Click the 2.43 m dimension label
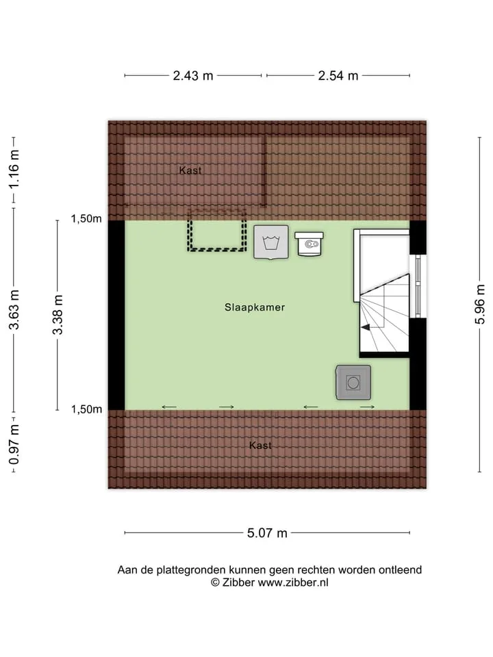click(x=193, y=76)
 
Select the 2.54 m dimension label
click(x=338, y=76)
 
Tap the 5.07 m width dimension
click(x=267, y=533)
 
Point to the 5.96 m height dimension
click(x=480, y=304)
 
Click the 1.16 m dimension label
click(x=14, y=169)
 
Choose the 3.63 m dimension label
click(x=14, y=309)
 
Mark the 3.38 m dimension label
click(x=58, y=315)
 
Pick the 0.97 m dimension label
click(x=14, y=445)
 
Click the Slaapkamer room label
click(x=255, y=307)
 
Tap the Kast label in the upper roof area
click(x=190, y=170)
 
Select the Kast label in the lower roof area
click(x=260, y=446)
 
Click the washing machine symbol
click(x=271, y=242)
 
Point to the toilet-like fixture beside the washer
click(x=309, y=244)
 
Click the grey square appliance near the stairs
click(x=353, y=382)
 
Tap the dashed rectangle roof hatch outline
click(x=217, y=250)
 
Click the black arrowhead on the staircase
click(x=366, y=327)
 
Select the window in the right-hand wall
click(x=418, y=287)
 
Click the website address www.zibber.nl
click(x=293, y=582)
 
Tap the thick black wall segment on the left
click(x=116, y=315)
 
